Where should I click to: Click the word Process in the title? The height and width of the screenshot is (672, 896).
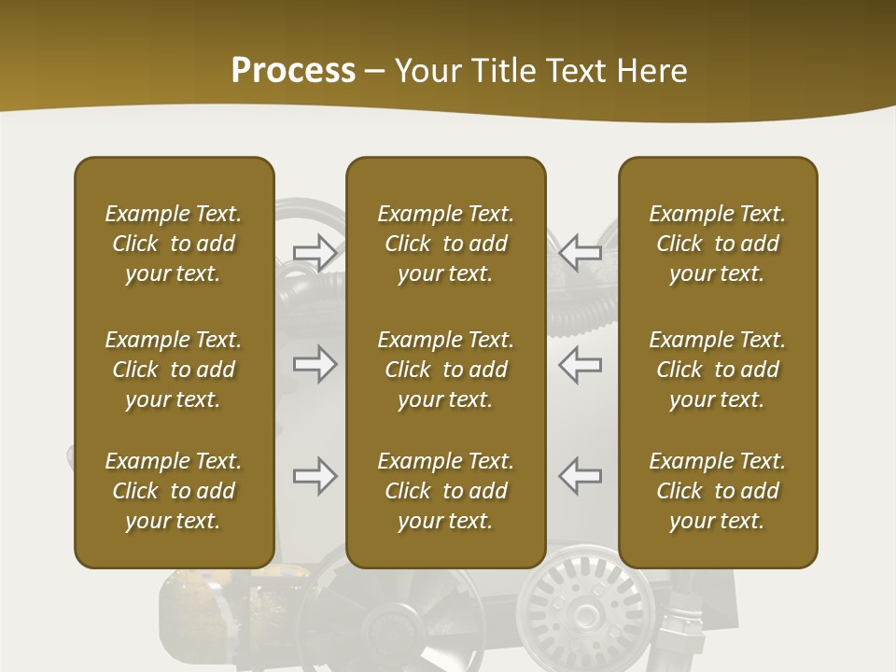coord(293,71)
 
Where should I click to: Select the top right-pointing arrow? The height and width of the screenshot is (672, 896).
coord(315,252)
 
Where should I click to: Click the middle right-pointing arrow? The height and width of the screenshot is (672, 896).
coord(315,364)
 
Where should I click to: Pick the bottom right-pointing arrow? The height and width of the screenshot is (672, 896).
coord(315,476)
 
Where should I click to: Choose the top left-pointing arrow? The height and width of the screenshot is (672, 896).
coord(580,252)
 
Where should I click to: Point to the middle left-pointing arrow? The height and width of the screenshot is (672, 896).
coord(580,364)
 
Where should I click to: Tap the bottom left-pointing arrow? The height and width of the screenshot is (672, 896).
coord(580,476)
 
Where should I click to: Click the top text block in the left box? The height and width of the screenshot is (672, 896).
coord(174,244)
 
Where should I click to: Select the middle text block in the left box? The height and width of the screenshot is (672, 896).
coord(174,370)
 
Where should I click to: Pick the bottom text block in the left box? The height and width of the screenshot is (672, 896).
coord(174,491)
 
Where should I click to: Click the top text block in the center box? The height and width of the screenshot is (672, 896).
coord(445,244)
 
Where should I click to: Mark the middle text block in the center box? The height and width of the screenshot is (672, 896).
coord(445,370)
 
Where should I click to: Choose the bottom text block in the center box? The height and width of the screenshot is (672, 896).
coord(445,491)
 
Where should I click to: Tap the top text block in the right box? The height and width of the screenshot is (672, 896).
coord(717,244)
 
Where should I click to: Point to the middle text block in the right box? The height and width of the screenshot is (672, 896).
coord(717,370)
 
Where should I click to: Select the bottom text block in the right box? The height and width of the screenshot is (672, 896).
coord(717,491)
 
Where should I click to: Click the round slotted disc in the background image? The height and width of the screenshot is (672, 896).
coord(586,610)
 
